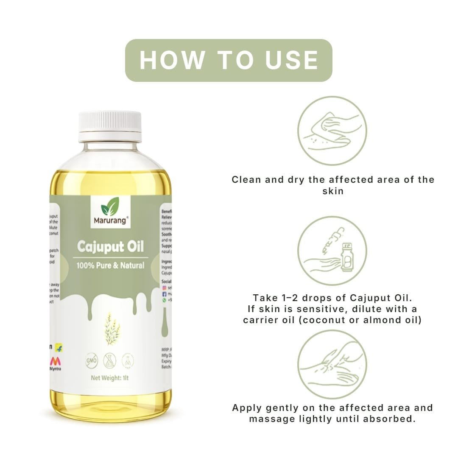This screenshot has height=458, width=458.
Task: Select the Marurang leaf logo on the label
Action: [x=110, y=207]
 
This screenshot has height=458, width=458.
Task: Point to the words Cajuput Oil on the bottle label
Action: [x=110, y=247]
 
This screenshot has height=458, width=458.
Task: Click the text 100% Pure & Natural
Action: [x=110, y=266]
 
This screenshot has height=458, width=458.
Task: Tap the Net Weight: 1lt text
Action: [x=110, y=378]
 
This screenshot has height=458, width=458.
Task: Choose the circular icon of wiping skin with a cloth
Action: [x=332, y=131]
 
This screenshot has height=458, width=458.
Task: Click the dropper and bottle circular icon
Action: [x=332, y=251]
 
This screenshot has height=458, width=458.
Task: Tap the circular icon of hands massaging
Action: [x=332, y=364]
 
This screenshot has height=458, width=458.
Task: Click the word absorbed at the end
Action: [x=392, y=419]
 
